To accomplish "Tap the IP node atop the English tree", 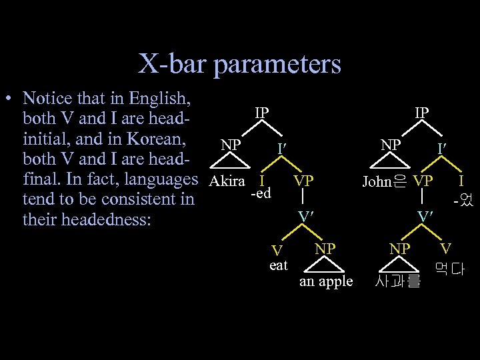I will pyautogui.click(x=262, y=112).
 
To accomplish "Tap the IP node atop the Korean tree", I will pyautogui.click(x=421, y=112).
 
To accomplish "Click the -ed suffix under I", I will pyautogui.click(x=260, y=193).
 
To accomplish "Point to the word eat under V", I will pyautogui.click(x=278, y=265).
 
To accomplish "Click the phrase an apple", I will pyautogui.click(x=326, y=281).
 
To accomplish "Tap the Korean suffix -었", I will pyautogui.click(x=462, y=199).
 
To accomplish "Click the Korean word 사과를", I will pyautogui.click(x=397, y=282).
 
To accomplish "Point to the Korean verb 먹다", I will pyautogui.click(x=450, y=270).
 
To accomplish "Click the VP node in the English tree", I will pyautogui.click(x=303, y=181).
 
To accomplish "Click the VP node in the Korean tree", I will pyautogui.click(x=423, y=181).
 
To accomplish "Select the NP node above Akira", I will pyautogui.click(x=231, y=143).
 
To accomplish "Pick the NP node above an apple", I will pyautogui.click(x=325, y=248).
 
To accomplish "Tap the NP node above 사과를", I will pyautogui.click(x=399, y=248).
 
